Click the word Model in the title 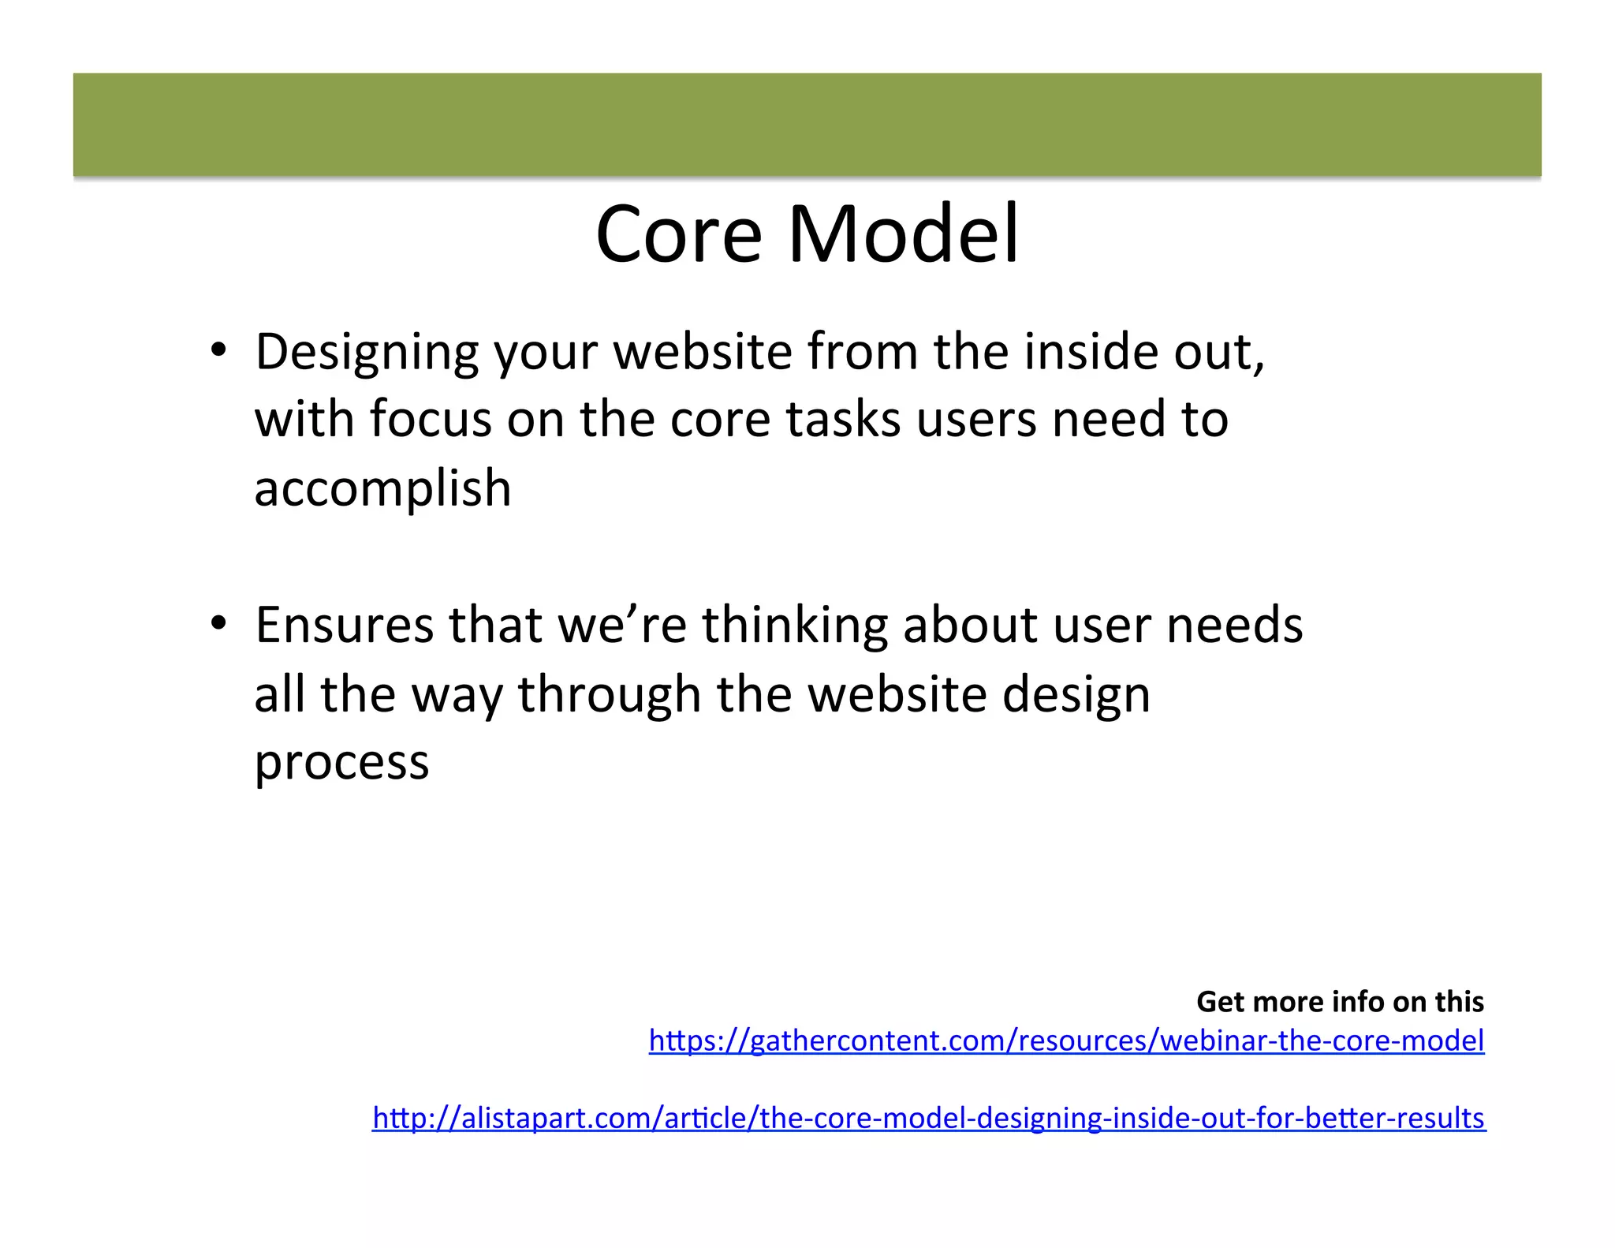tap(904, 234)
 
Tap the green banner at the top tap(807, 125)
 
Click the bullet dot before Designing tap(218, 350)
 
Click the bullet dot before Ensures tap(218, 624)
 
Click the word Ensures tap(344, 625)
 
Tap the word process tap(341, 763)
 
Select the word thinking tap(794, 625)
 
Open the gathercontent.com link tap(1066, 1041)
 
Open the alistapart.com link tap(929, 1118)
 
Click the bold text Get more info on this tap(1340, 1001)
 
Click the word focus tap(431, 419)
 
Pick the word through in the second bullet tap(609, 695)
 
